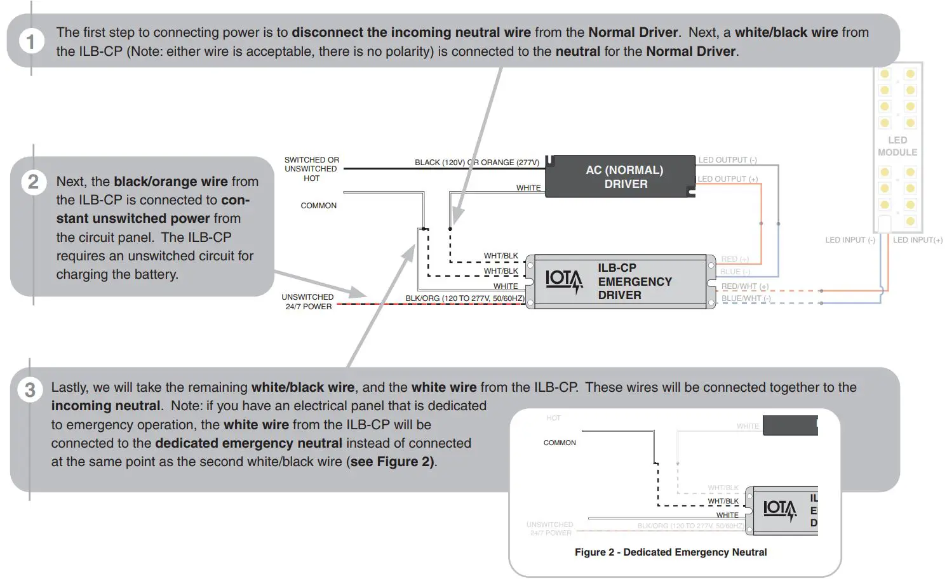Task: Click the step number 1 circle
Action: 30,42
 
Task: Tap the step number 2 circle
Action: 33,182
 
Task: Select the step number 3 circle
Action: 30,389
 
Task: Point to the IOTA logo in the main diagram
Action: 563,280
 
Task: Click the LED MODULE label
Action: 897,146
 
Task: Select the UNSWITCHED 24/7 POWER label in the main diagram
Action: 308,302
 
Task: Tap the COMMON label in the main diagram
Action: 318,206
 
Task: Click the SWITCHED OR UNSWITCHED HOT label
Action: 311,169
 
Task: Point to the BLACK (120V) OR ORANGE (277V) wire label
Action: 476,163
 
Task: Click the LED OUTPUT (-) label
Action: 727,160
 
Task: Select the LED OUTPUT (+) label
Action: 727,179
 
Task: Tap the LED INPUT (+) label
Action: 917,240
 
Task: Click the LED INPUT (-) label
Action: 850,240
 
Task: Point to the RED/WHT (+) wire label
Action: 744,286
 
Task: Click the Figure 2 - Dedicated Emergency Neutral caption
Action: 670,552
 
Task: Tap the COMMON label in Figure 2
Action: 560,443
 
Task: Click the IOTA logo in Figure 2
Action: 779,509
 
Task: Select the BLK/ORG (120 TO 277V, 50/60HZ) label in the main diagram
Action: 465,298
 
